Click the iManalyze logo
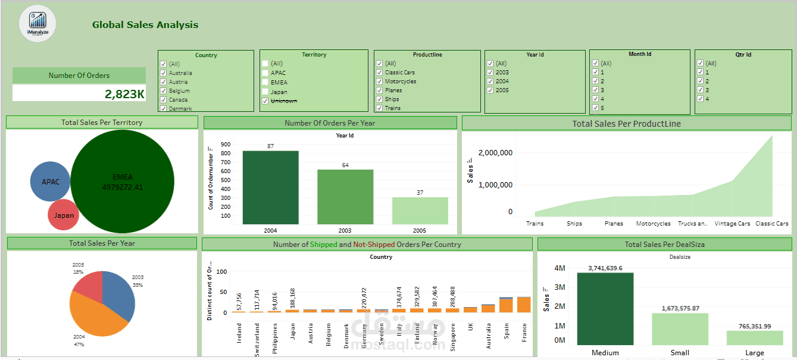click(37, 24)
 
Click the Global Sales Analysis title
click(145, 25)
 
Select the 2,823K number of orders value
click(124, 94)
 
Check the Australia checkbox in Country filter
click(162, 73)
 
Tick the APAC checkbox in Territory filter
click(265, 73)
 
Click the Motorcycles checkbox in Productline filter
click(379, 82)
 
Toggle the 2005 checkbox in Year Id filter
click(490, 90)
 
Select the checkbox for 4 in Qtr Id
click(700, 99)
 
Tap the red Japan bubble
click(64, 215)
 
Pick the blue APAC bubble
click(50, 181)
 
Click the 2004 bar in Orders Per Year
click(270, 187)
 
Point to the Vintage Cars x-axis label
click(732, 224)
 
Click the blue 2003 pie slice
click(118, 292)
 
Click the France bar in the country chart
click(523, 304)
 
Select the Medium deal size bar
click(605, 309)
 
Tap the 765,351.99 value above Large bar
click(754, 326)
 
